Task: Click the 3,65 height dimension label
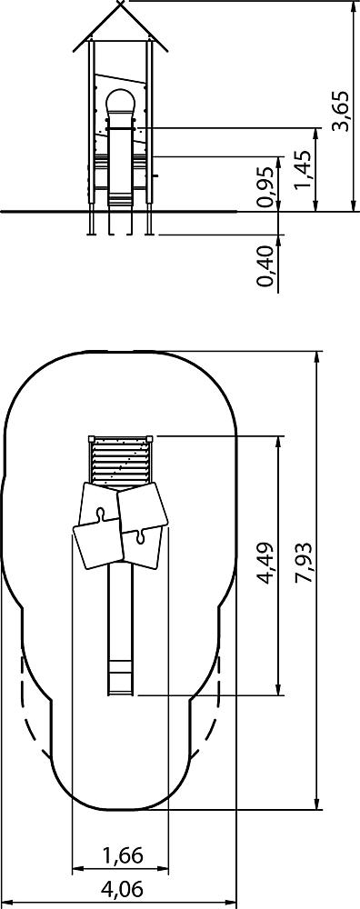[344, 111]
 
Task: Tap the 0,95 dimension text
[265, 186]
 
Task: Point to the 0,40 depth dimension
[265, 266]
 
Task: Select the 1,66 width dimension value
[123, 855]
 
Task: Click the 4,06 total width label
[122, 889]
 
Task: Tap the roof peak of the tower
[121, 3]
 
